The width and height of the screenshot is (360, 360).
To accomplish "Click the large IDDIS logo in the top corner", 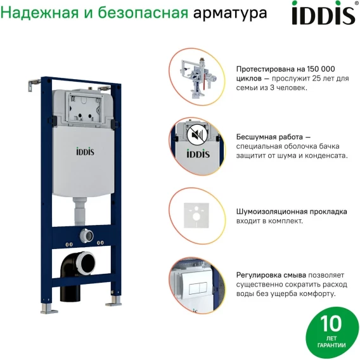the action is pyautogui.click(x=324, y=13).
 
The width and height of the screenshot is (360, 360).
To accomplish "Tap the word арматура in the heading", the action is pyautogui.click(x=230, y=13).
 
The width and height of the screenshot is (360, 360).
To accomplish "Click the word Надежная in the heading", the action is pyautogui.click(x=39, y=13).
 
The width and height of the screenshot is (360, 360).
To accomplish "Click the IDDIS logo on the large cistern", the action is pyautogui.click(x=85, y=151).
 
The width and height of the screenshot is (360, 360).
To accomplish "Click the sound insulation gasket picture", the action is pyautogui.click(x=196, y=215).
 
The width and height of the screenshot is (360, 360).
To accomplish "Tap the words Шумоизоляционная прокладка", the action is pyautogui.click(x=292, y=212).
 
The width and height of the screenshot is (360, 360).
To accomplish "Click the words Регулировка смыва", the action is pyautogui.click(x=271, y=275).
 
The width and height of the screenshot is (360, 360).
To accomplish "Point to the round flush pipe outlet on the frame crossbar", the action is pyautogui.click(x=87, y=236).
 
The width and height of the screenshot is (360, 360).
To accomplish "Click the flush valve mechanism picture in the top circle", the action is pyautogui.click(x=198, y=77).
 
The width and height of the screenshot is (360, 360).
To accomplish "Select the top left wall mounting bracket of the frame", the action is pyautogui.click(x=34, y=85).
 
